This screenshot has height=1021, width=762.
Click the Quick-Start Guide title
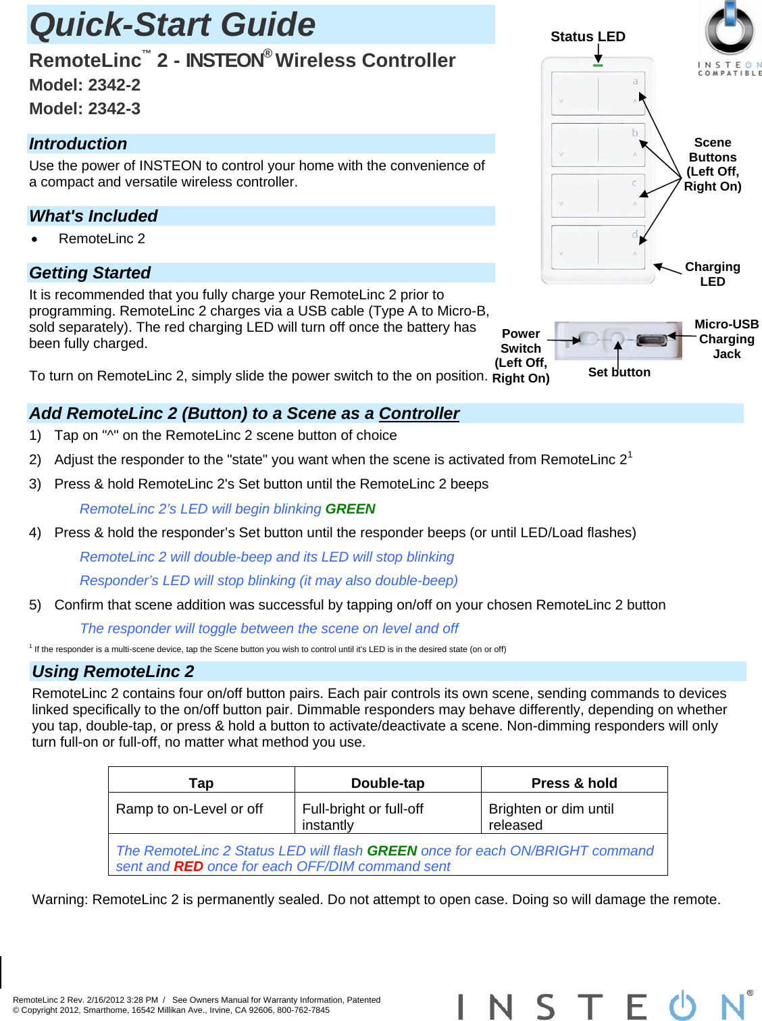pyautogui.click(x=172, y=25)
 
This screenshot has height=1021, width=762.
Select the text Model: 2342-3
pyautogui.click(x=84, y=109)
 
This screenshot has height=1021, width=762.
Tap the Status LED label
pyautogui.click(x=588, y=36)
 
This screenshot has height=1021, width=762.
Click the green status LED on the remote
pyautogui.click(x=598, y=66)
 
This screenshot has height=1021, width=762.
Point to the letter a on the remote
pyautogui.click(x=635, y=81)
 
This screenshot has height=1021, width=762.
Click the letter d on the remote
pyautogui.click(x=634, y=234)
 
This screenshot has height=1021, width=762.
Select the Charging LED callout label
pyautogui.click(x=712, y=274)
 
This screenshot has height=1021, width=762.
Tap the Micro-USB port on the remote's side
pyautogui.click(x=651, y=340)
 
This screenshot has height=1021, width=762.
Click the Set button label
pyautogui.click(x=619, y=372)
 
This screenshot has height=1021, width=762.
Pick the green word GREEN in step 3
pyautogui.click(x=350, y=509)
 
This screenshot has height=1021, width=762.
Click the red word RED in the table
pyautogui.click(x=188, y=866)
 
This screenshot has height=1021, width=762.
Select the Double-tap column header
pyautogui.click(x=388, y=783)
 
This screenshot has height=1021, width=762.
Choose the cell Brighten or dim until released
pyautogui.click(x=551, y=816)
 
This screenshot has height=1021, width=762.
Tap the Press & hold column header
pyautogui.click(x=574, y=783)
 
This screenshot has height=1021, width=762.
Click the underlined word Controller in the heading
pyautogui.click(x=419, y=414)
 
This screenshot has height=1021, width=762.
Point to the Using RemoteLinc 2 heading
pyautogui.click(x=113, y=671)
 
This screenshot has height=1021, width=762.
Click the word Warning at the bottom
pyautogui.click(x=59, y=899)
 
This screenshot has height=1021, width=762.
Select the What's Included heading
pyautogui.click(x=93, y=216)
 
